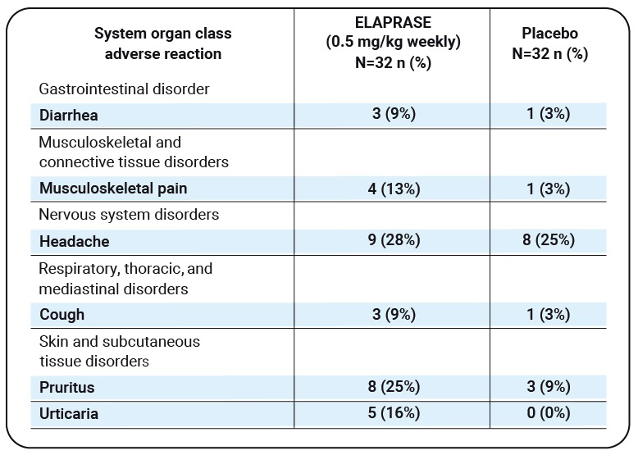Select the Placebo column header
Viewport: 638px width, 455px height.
click(549, 43)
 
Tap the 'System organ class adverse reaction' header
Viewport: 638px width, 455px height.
click(162, 43)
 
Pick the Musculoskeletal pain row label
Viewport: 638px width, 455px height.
click(113, 189)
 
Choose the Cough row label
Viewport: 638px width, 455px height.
click(62, 314)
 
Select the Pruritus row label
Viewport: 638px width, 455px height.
click(67, 387)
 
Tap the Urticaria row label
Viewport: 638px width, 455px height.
click(69, 414)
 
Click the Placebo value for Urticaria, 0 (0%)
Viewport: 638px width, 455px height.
click(549, 414)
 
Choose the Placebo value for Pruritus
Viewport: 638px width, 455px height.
click(549, 387)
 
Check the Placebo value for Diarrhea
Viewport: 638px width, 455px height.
click(549, 115)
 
